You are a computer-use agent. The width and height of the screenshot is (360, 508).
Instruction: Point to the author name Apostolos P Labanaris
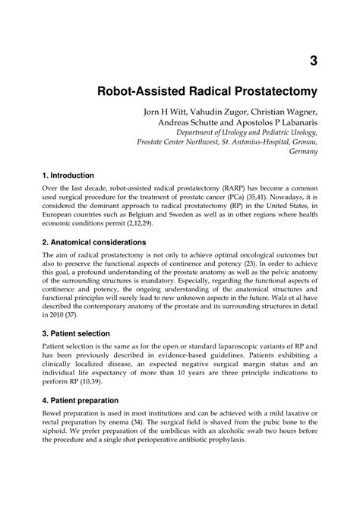274,126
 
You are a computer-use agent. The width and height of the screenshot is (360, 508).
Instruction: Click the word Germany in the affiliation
302,150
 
